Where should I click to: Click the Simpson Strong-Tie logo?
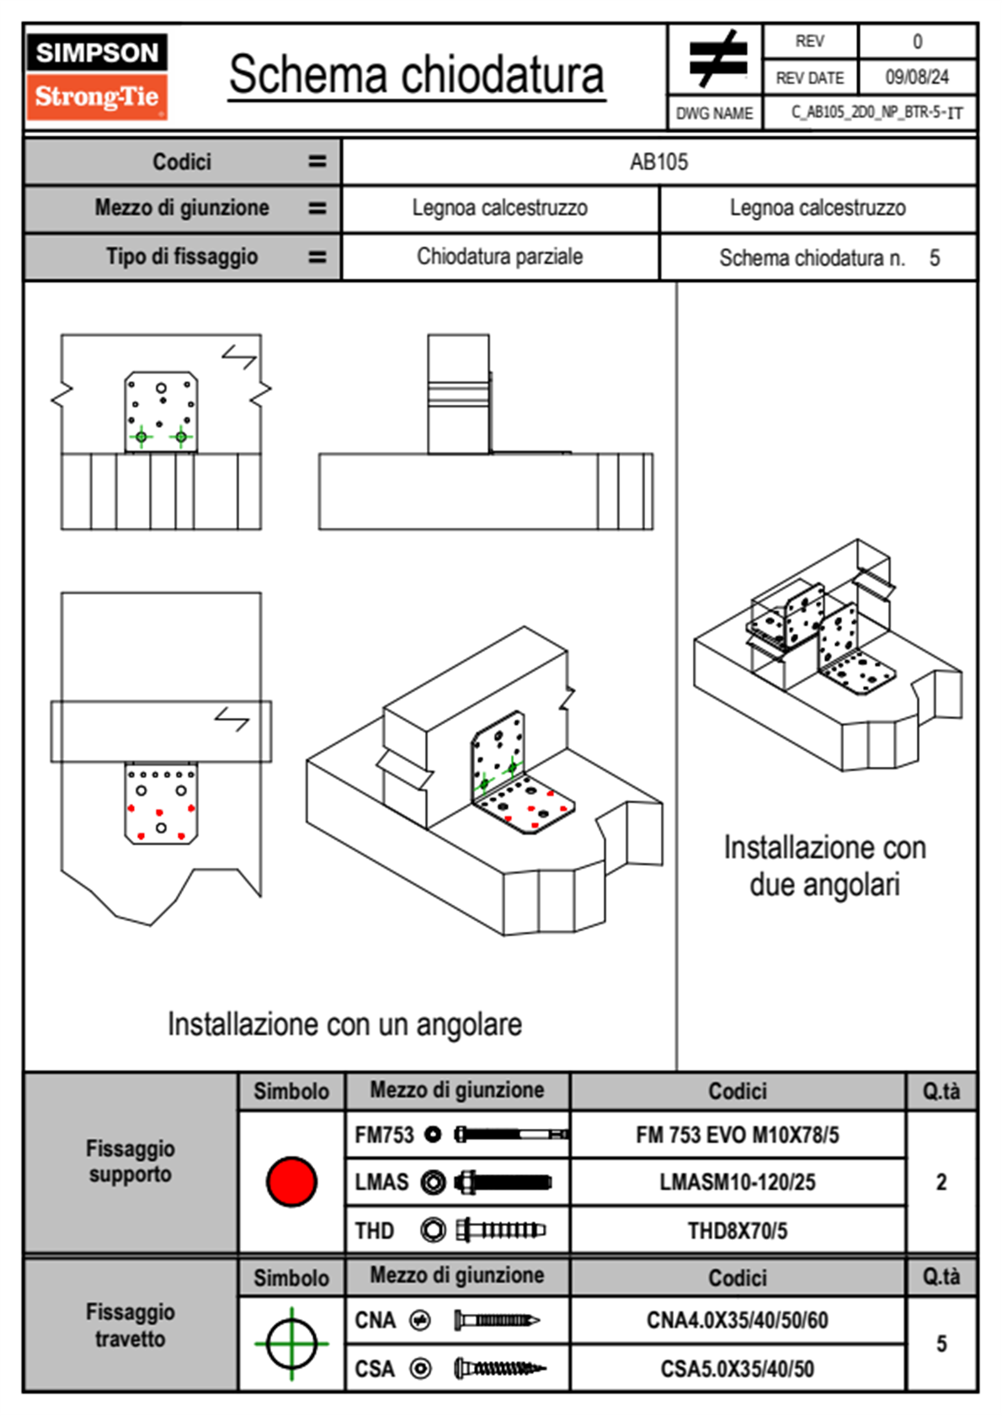tap(97, 77)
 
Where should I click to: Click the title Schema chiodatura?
tap(417, 74)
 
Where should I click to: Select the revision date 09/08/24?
tap(917, 77)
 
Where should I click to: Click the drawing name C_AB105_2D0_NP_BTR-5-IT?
tap(877, 113)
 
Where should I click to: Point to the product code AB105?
tap(658, 162)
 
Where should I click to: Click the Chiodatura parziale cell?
tap(499, 256)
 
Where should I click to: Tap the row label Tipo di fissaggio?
tap(182, 256)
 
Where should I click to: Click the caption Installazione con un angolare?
tap(344, 1024)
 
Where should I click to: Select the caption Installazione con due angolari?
tap(824, 865)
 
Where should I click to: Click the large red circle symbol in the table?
tap(291, 1181)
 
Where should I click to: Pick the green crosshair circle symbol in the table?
tap(291, 1344)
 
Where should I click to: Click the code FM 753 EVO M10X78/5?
tap(737, 1135)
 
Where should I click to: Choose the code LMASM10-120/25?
tap(737, 1181)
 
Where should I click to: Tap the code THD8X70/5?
tap(737, 1230)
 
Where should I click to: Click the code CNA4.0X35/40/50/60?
tap(737, 1320)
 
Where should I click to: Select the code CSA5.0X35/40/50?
tap(737, 1369)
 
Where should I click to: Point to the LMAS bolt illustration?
tap(504, 1181)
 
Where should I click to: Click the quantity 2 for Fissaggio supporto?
tap(941, 1181)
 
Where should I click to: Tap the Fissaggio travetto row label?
tap(131, 1325)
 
